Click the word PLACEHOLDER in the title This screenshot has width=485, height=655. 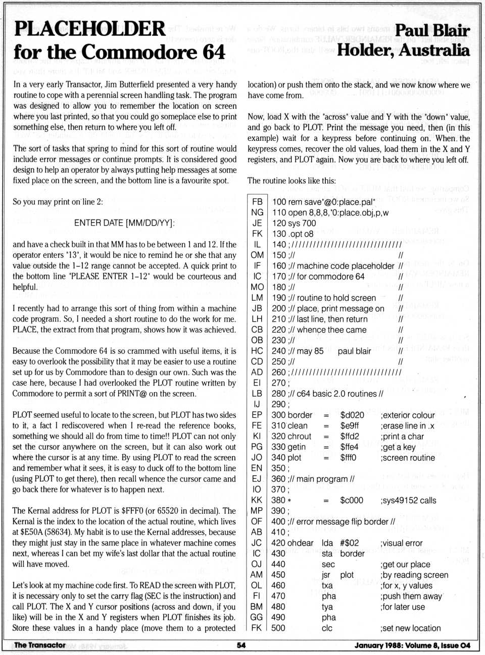pyautogui.click(x=90, y=29)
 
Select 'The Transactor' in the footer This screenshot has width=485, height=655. pyautogui.click(x=39, y=645)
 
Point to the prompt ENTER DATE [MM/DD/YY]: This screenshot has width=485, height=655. pyautogui.click(x=124, y=223)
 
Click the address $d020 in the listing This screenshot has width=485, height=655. pyautogui.click(x=352, y=415)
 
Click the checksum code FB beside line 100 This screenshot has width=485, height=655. pyautogui.click(x=257, y=201)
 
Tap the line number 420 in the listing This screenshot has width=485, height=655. pyautogui.click(x=278, y=543)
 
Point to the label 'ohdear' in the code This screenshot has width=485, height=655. pyautogui.click(x=301, y=543)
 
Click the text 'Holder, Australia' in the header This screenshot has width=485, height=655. pyautogui.click(x=403, y=50)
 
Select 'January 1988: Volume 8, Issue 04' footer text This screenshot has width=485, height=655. pyautogui.click(x=412, y=645)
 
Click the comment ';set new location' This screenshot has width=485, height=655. pyautogui.click(x=411, y=628)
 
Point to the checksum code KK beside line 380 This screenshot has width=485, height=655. pyautogui.click(x=257, y=501)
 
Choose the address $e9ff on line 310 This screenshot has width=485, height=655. pyautogui.click(x=350, y=426)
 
